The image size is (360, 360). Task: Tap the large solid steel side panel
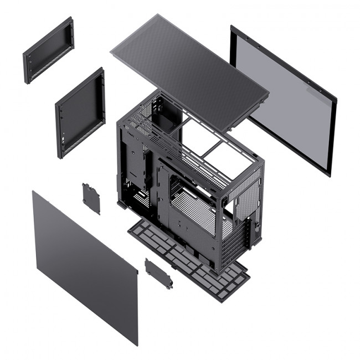pos(83,266)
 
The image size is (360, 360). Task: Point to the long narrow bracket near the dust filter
pos(158,273)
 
